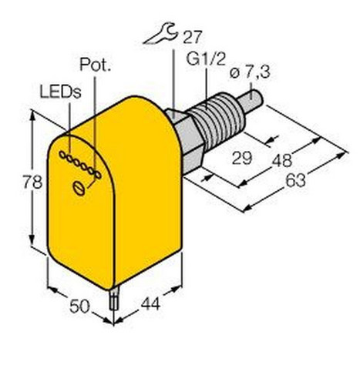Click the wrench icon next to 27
(x=160, y=34)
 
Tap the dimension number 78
(x=32, y=182)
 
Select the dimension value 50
(x=79, y=306)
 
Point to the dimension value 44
(x=151, y=303)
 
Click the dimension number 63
(x=296, y=180)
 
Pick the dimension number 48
(x=282, y=160)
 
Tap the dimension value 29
(x=242, y=158)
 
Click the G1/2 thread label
(x=206, y=59)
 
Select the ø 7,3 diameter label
(x=250, y=72)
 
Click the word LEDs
(x=60, y=92)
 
